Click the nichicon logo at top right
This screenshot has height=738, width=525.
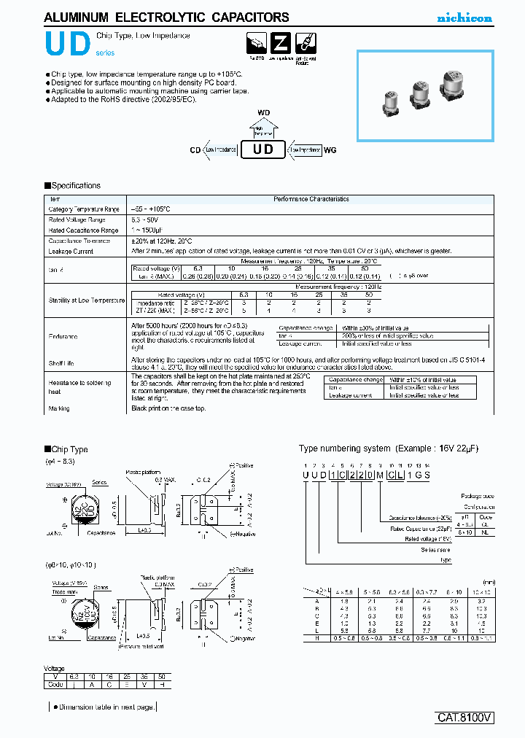464,18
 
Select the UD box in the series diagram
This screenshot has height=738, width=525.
262,149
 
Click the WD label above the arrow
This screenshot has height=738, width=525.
263,112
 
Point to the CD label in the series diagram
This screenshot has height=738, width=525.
195,149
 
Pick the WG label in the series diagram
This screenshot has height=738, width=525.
330,149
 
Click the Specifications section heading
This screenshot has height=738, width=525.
73,186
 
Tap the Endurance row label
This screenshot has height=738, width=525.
63,336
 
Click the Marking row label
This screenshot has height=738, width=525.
59,408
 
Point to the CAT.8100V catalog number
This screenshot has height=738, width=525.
464,718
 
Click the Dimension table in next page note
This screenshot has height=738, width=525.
102,707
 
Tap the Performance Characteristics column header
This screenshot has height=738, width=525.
311,199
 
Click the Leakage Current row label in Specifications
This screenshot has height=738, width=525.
71,251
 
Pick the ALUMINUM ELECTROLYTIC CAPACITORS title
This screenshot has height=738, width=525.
167,18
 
